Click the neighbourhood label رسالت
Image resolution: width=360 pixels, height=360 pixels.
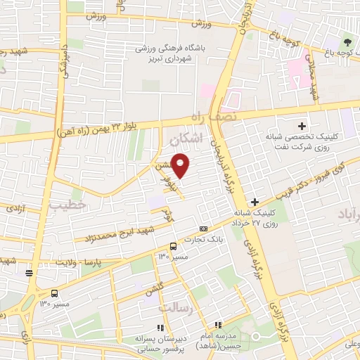[174, 309]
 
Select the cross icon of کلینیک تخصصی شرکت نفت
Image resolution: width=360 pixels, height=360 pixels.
[302, 126]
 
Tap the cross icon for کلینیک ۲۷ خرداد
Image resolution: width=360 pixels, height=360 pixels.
[255, 202]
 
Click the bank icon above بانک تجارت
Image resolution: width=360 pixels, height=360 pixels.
[204, 229]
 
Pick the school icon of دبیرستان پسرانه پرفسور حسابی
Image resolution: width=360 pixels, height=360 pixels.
[161, 328]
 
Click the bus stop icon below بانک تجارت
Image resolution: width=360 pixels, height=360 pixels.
[173, 246]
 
